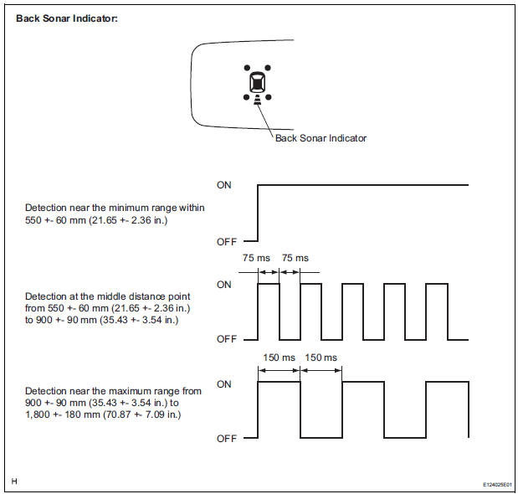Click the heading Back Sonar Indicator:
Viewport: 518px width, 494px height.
coord(67,18)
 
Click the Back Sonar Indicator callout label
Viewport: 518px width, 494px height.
coord(321,138)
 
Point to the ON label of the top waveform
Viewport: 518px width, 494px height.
coord(224,184)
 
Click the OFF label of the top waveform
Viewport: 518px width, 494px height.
coord(227,241)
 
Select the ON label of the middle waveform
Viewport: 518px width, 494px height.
coord(224,285)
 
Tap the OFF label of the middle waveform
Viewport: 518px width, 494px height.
coord(227,339)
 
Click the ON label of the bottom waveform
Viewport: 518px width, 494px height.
coord(224,384)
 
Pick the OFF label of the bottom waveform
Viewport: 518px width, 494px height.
coord(227,439)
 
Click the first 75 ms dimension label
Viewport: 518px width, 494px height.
coord(253,258)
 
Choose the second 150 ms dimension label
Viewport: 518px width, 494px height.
coord(321,358)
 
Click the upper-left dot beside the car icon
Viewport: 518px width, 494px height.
coord(246,67)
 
